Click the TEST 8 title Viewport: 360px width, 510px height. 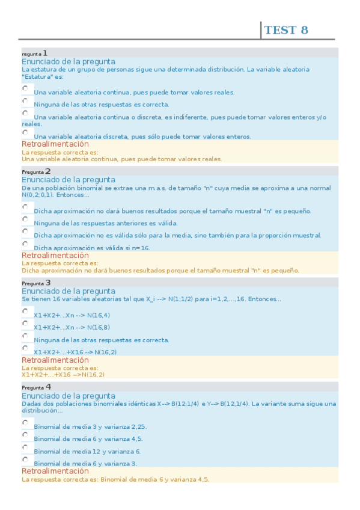tap(286, 30)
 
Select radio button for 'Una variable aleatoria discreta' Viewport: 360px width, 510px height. tap(25, 132)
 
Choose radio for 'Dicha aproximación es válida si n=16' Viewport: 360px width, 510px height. tap(25, 244)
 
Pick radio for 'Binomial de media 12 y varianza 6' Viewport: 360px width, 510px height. tap(25, 447)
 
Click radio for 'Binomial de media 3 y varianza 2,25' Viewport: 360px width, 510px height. tap(25, 423)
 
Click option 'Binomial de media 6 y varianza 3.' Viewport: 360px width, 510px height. tap(85, 463)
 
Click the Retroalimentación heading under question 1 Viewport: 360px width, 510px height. tap(55, 144)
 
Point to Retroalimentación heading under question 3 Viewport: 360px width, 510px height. tap(55, 360)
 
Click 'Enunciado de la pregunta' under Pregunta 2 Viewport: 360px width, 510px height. tap(69, 180)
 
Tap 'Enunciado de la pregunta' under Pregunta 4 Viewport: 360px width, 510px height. tap(69, 396)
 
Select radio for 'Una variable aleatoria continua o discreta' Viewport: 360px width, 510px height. tap(25, 112)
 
